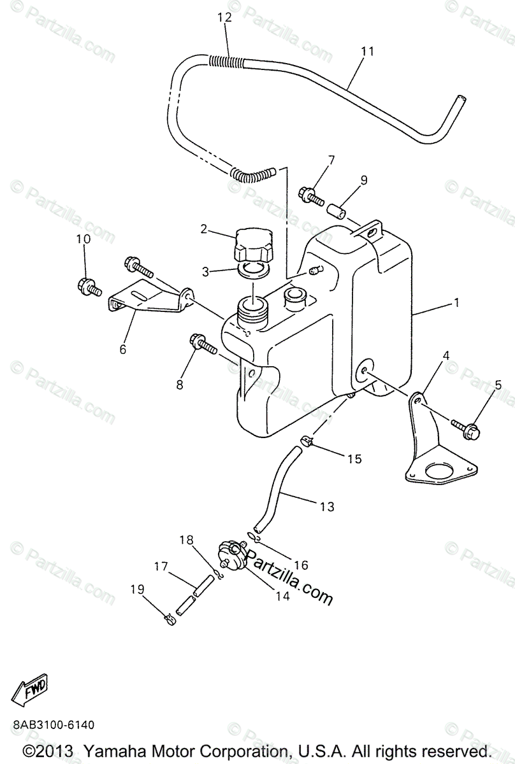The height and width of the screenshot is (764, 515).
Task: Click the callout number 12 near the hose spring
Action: pyautogui.click(x=224, y=18)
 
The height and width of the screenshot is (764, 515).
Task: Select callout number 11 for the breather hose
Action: pyautogui.click(x=367, y=51)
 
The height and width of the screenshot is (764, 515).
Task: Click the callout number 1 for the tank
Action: pyautogui.click(x=456, y=303)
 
